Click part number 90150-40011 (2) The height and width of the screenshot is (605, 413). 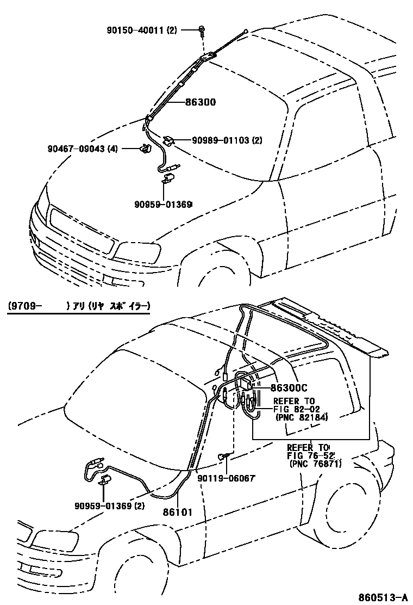(141, 30)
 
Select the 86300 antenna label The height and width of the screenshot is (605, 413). (201, 102)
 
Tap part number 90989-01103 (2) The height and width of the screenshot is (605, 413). (227, 140)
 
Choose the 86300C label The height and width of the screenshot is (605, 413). (289, 387)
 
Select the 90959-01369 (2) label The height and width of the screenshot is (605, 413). (110, 506)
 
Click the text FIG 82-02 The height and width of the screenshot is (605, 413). (291, 409)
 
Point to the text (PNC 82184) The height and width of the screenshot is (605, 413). (301, 417)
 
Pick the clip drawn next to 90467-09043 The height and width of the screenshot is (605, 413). (145, 148)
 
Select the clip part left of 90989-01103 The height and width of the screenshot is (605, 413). (169, 140)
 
